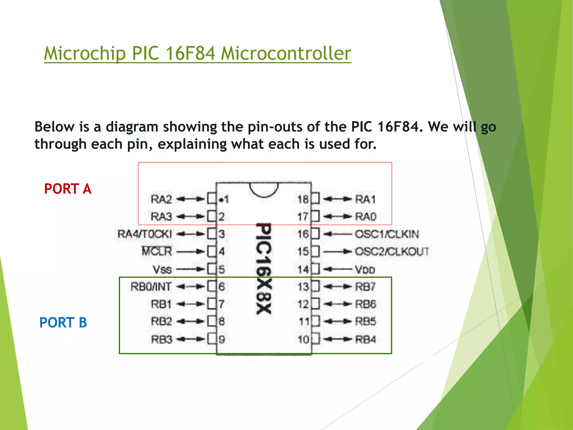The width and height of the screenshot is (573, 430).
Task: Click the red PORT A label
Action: (x=68, y=189)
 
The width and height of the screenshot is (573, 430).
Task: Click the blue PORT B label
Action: (x=63, y=322)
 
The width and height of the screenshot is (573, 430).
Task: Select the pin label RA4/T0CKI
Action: (x=145, y=234)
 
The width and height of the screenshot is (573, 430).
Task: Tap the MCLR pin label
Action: (x=157, y=251)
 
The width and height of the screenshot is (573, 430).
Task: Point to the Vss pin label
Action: (x=162, y=269)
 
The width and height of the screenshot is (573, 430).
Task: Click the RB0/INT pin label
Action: (x=151, y=287)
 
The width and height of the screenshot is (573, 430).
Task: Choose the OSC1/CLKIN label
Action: (x=387, y=234)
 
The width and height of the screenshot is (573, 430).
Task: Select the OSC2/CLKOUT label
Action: (x=392, y=251)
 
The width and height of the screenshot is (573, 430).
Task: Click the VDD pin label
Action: (x=365, y=269)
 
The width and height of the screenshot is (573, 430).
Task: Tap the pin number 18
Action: (x=303, y=199)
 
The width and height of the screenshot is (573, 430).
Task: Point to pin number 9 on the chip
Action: (x=222, y=340)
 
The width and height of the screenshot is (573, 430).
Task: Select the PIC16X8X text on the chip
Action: (x=264, y=269)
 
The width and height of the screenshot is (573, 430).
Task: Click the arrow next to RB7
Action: (x=337, y=287)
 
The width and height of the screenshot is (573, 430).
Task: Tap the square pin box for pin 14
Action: (x=315, y=269)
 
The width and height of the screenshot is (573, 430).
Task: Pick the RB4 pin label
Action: (x=365, y=340)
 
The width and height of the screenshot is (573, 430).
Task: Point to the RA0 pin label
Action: (x=365, y=216)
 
